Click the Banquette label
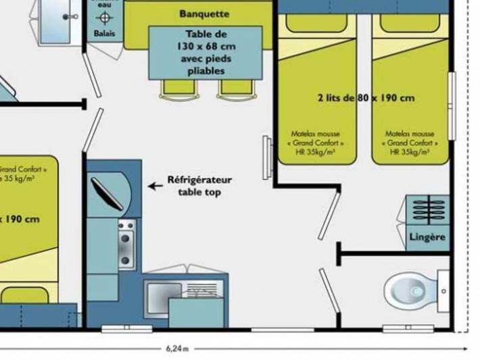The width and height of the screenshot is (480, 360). pos(204,14)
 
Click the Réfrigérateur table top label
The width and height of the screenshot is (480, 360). pos(199,186)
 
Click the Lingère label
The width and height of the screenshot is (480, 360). pos(427,237)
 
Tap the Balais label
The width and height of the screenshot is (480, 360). pos(104,32)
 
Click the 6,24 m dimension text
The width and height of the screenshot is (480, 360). pos(177,349)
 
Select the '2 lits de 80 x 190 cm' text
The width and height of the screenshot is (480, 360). pos(365,98)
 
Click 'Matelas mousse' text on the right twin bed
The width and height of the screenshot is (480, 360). pos(410,134)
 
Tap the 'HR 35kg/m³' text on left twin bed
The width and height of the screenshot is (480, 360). pos(316,153)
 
